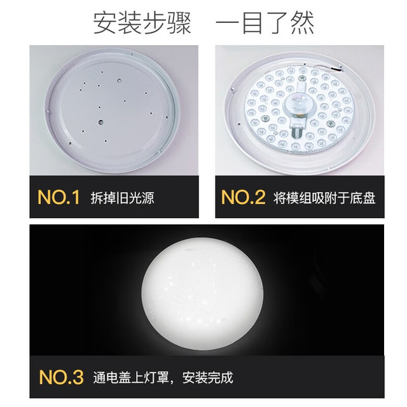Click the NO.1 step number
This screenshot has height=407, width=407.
pos(59,197)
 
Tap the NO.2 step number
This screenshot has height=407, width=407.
pos(243,197)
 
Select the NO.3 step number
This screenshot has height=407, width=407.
pos(61,377)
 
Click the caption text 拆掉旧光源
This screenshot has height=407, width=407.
pos(122,198)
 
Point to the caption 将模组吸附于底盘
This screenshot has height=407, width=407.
pos(324,198)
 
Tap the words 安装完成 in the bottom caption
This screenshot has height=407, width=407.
pos(208,378)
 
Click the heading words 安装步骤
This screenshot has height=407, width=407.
pos(142,23)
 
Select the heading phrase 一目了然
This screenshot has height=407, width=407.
pos(265,23)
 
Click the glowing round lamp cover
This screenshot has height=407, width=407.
pos(202,293)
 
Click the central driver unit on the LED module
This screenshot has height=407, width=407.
pos(299,105)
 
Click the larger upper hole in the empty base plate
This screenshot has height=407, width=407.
pos(120,81)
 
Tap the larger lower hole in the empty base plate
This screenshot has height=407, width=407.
pos(100,121)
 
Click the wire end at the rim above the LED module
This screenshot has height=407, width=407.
pos(338,69)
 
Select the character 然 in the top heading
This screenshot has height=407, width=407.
pos(302,23)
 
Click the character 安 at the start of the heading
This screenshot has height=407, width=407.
pos(105,23)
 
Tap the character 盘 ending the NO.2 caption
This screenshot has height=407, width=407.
pos(369,198)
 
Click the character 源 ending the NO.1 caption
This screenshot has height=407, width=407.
pos(148,198)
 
